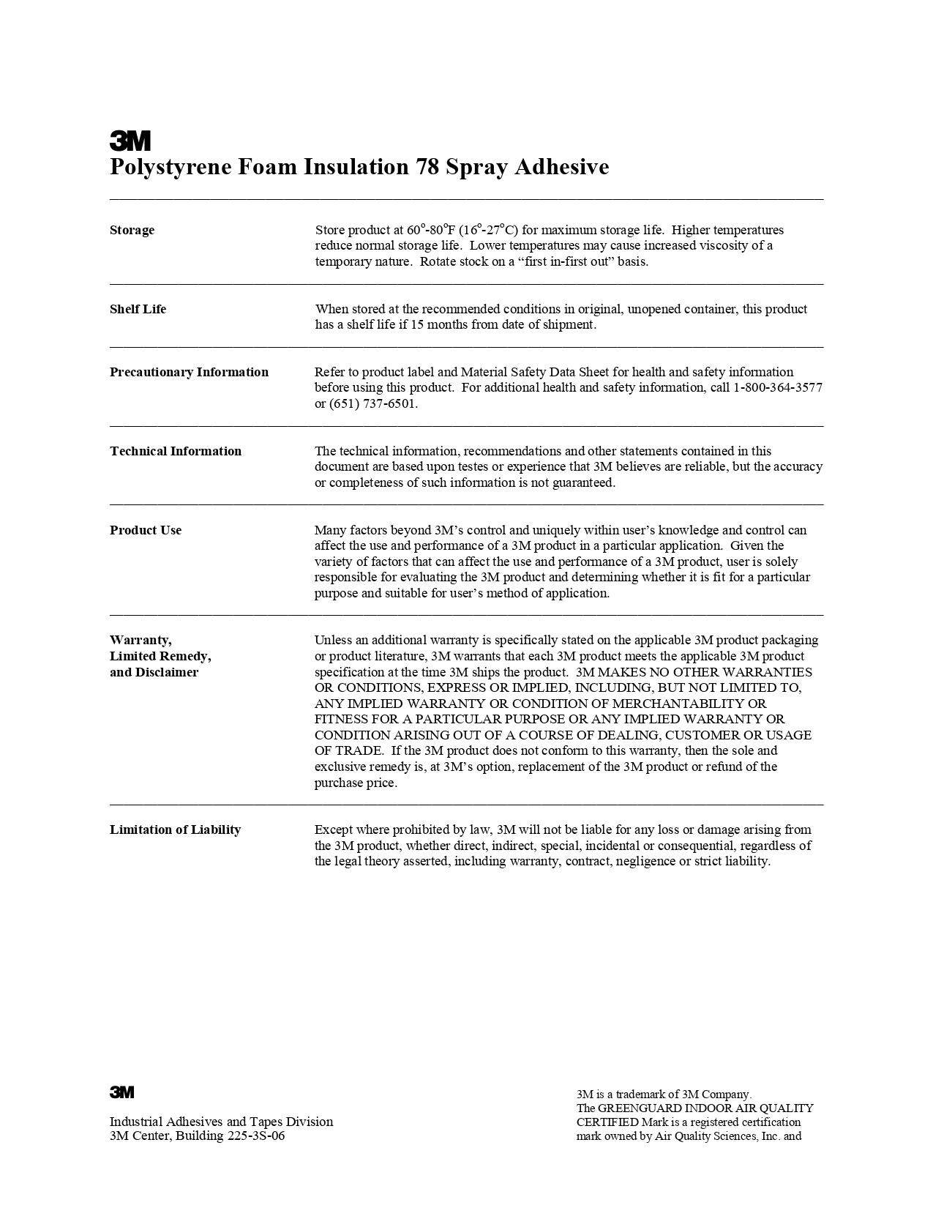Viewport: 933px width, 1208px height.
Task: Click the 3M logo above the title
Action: (x=130, y=140)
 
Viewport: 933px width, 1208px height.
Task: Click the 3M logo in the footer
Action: (x=122, y=1092)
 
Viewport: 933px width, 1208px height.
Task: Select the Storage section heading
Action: (x=132, y=230)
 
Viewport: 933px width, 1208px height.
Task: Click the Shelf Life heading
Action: (x=138, y=309)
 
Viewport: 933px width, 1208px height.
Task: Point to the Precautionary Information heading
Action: (x=189, y=372)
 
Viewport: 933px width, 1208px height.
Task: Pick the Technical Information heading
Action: (x=176, y=451)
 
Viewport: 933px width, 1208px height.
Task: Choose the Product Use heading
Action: (x=146, y=530)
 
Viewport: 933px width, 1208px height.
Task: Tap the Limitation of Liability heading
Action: (x=175, y=829)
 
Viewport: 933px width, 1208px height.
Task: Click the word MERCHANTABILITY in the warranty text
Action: (x=673, y=704)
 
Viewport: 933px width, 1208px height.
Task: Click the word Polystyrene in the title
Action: (x=171, y=167)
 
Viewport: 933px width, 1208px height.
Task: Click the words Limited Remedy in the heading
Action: (x=160, y=656)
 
